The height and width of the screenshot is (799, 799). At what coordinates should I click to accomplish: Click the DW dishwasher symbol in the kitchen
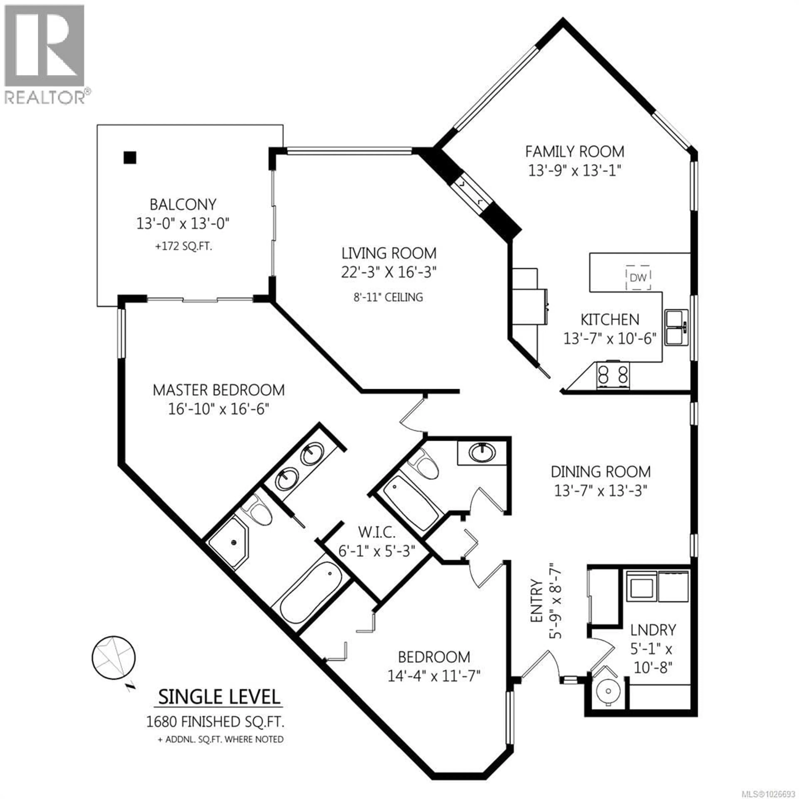638,277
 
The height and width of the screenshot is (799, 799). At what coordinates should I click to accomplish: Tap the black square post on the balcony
130,158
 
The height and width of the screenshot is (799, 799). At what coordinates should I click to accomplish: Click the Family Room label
574,151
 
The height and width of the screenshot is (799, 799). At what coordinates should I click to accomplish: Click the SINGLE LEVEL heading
219,697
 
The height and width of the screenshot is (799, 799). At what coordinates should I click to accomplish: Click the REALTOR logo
46,54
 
